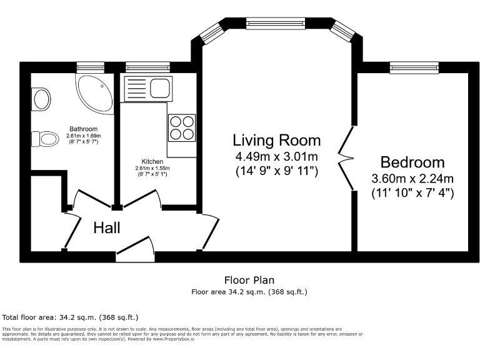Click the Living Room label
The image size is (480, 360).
[x=276, y=139]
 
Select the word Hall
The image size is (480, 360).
[x=107, y=227]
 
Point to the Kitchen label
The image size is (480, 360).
[x=152, y=161]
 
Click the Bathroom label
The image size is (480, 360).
[x=84, y=129]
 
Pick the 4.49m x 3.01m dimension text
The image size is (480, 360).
[x=276, y=155]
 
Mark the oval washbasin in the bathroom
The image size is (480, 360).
[x=42, y=98]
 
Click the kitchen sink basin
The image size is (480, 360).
[x=159, y=89]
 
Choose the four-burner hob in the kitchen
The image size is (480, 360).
[x=181, y=127]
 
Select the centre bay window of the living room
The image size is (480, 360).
[x=275, y=24]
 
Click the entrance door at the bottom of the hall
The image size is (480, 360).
[x=136, y=249]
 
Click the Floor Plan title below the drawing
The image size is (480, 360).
[x=249, y=280]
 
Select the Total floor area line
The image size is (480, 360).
[x=71, y=317]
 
